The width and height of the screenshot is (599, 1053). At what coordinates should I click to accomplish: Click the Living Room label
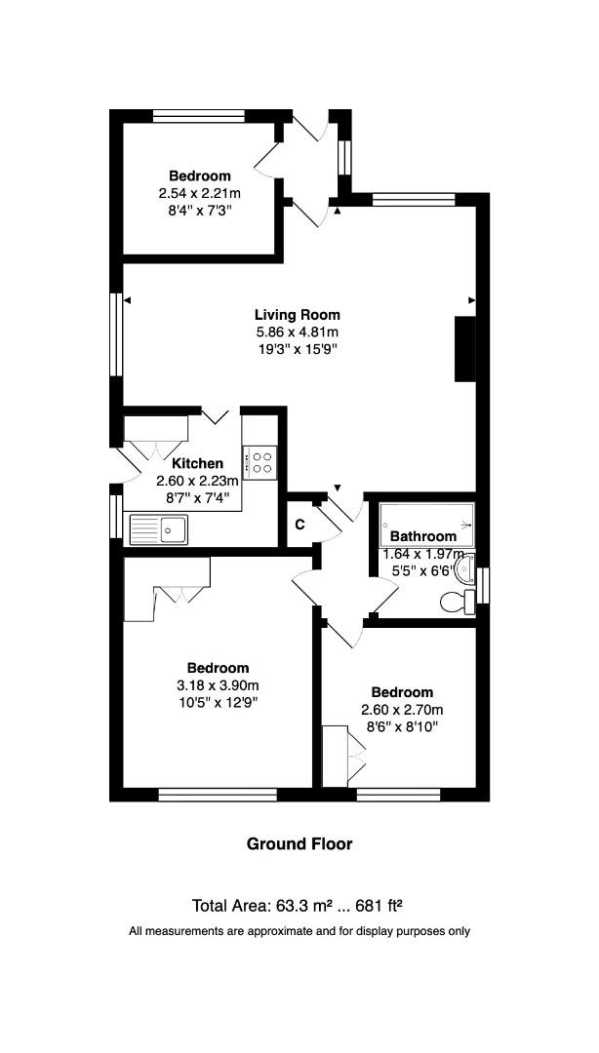point(297,314)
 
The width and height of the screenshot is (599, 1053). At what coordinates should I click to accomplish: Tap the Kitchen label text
point(197,463)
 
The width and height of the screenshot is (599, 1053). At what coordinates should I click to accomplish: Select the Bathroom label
point(422,536)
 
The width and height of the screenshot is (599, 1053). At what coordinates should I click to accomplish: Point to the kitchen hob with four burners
point(261,462)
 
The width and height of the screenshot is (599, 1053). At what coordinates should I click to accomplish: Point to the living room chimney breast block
point(464,349)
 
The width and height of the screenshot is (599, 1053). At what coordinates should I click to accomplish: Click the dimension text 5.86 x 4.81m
point(297,331)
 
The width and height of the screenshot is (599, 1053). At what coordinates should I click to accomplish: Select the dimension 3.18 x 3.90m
point(218,685)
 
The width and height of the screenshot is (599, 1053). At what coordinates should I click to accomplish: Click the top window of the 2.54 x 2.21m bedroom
point(198,115)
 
